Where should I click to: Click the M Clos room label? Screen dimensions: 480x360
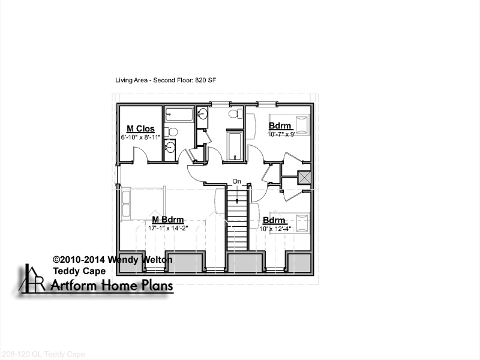tap(140, 128)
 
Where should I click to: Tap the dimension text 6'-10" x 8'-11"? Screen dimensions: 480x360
tap(140, 137)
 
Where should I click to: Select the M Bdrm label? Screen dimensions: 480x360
tap(168, 220)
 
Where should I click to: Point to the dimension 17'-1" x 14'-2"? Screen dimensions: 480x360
tap(168, 228)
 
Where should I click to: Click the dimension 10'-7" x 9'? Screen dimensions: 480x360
tap(281, 134)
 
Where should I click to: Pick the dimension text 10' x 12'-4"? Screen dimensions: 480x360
tap(275, 229)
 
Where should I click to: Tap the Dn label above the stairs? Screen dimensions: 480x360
tap(237, 181)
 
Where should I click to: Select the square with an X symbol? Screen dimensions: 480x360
tap(304, 178)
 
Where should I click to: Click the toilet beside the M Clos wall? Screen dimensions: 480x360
tap(171, 132)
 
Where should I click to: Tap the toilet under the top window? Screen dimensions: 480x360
tap(235, 114)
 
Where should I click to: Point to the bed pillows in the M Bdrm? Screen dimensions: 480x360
tap(126, 203)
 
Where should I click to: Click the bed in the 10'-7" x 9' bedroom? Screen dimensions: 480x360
tap(289, 124)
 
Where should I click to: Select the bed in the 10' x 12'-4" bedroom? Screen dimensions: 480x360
tap(290, 223)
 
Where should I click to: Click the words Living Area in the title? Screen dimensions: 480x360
tap(128, 80)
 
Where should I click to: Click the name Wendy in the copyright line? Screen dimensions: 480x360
tap(124, 260)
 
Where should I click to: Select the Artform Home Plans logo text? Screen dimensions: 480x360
tap(112, 286)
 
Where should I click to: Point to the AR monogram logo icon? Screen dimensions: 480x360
tap(32, 278)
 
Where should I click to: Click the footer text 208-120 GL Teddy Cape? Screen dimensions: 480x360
tap(43, 354)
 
